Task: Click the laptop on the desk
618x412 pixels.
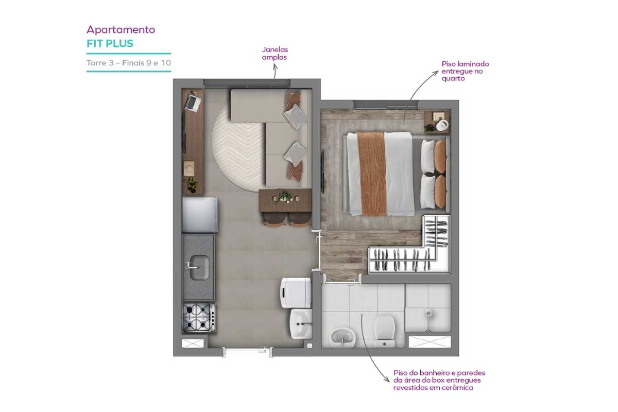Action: click(193, 101)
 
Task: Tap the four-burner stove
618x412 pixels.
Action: click(199, 317)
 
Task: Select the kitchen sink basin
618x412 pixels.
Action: click(199, 267)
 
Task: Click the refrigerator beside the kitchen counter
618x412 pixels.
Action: click(200, 215)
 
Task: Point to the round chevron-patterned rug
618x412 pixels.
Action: click(238, 149)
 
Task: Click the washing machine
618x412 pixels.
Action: click(296, 293)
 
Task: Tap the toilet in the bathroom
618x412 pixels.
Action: click(384, 331)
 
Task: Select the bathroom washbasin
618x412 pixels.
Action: click(342, 337)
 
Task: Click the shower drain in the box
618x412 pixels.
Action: click(428, 313)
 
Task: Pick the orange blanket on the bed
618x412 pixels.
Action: click(372, 174)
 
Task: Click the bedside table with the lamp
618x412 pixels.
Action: click(437, 122)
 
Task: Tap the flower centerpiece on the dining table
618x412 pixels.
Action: click(285, 197)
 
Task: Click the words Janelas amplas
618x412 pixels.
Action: click(275, 53)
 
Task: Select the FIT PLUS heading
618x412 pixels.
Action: click(110, 44)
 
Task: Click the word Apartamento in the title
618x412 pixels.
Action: click(121, 30)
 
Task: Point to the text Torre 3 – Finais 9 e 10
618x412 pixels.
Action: click(129, 63)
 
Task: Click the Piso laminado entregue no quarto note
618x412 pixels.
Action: click(465, 71)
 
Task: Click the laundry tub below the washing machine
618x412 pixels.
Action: click(301, 323)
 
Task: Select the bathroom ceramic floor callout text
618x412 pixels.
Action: click(439, 380)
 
